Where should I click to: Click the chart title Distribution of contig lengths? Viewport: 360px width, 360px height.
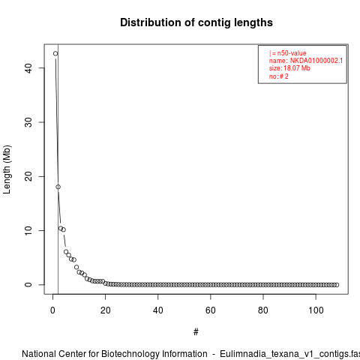pos(196,22)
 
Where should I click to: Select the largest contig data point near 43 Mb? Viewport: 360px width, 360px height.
pos(55,53)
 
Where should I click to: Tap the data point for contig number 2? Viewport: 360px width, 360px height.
pos(58,187)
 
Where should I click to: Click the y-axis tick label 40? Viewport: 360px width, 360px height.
pos(28,68)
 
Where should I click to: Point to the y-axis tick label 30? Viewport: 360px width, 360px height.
pos(28,122)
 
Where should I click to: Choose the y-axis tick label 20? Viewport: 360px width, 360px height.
pos(28,176)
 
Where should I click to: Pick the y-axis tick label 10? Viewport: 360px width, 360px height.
pos(28,230)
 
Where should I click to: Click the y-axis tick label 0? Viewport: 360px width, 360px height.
pos(28,285)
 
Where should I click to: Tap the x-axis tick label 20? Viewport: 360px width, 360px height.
pos(105,310)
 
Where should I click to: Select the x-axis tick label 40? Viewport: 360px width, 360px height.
pos(158,310)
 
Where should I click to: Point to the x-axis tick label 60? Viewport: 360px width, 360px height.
pos(211,310)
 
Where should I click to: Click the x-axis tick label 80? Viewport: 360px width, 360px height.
pos(263,310)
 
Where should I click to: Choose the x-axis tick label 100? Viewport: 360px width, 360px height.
pos(316,310)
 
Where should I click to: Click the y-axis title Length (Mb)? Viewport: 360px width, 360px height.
pos(7,169)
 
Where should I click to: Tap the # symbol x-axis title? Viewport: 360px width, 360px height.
pos(196,332)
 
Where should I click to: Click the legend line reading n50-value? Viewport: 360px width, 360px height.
pos(288,53)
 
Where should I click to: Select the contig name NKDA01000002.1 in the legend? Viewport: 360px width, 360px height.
pos(316,61)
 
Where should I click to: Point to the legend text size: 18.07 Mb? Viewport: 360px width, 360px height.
pos(289,68)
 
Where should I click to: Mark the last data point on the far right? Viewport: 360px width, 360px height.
pos(337,285)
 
